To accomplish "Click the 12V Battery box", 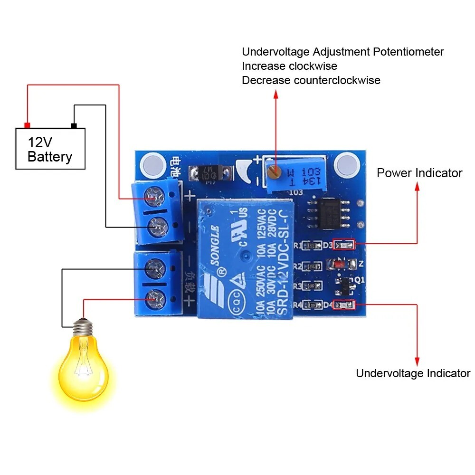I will tap(50, 149).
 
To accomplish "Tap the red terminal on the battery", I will tap(27, 125).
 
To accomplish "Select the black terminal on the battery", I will tap(74, 125).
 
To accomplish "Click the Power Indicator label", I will tap(419, 173).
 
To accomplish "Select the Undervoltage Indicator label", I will tap(413, 373).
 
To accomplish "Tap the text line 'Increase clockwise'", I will tap(289, 66).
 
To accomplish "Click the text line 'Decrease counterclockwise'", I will tap(311, 80).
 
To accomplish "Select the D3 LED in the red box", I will tap(343, 245).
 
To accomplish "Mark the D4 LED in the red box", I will tap(343, 304).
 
